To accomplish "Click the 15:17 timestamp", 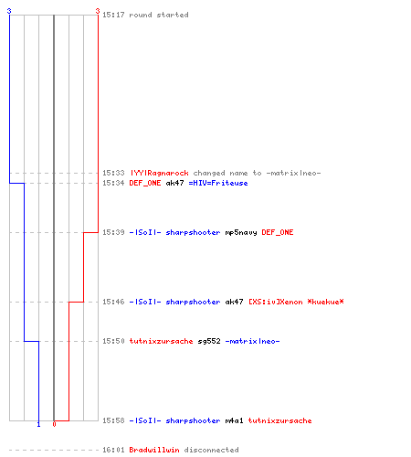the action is tap(113, 15).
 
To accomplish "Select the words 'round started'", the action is tap(159, 15).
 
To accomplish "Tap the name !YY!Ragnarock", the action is tap(159, 173).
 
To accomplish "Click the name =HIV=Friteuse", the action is tap(218, 183).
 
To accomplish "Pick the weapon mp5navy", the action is tap(241, 232).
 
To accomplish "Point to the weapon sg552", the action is tap(209, 341).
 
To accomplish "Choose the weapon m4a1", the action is tap(234, 420).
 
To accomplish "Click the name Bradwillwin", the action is tap(154, 450).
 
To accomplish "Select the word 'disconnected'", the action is tap(211, 450).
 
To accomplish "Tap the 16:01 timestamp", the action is tap(113, 450).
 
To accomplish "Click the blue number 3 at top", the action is tap(9, 11).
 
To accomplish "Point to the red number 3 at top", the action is tap(98, 11).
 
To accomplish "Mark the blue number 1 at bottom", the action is tap(38, 424).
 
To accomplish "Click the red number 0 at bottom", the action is tap(54, 424).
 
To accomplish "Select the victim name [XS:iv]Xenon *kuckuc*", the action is tap(296, 302).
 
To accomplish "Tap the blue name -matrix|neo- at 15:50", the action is tap(252, 341).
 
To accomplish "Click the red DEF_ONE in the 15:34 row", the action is tap(145, 183).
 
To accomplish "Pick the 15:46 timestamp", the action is tap(113, 302).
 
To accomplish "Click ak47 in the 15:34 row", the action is tap(174, 183).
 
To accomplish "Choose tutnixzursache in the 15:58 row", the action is tap(279, 420).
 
